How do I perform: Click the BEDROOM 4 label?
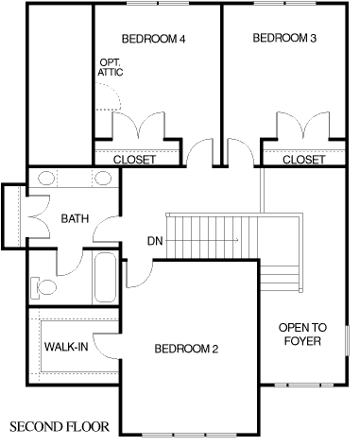[153, 39]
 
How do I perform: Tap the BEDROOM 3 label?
[284, 38]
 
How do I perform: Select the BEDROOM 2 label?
[186, 349]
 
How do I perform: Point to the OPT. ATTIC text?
[111, 67]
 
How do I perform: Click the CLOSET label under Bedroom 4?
[134, 160]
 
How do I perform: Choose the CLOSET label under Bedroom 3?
[303, 160]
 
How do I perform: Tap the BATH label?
[75, 218]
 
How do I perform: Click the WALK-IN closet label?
[66, 347]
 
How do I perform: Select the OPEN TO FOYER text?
[302, 334]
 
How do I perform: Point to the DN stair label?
[155, 241]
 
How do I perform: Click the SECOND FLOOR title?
[60, 427]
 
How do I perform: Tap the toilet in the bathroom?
[43, 287]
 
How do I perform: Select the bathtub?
[105, 277]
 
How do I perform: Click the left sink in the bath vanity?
[46, 178]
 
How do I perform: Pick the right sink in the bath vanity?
[103, 178]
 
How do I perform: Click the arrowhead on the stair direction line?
[236, 241]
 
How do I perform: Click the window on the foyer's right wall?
[348, 341]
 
